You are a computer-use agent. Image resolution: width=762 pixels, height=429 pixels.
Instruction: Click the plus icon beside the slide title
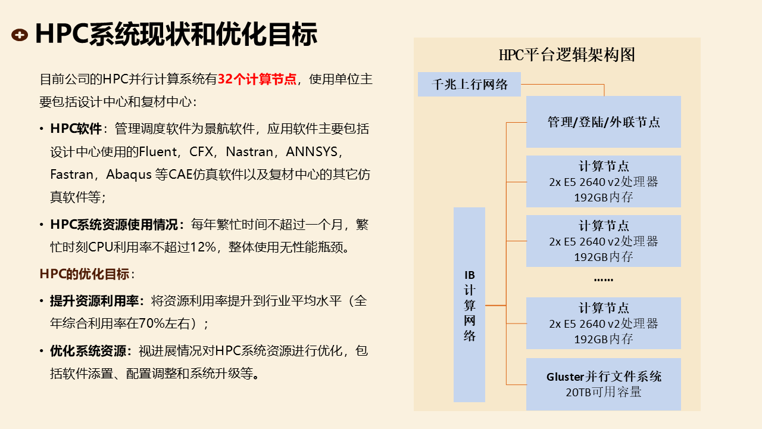[x=20, y=35]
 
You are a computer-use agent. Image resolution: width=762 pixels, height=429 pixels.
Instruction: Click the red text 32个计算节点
[x=257, y=79]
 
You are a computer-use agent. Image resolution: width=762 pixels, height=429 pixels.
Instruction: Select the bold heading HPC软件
[x=76, y=129]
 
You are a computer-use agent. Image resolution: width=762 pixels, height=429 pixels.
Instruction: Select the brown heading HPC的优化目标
[x=85, y=274]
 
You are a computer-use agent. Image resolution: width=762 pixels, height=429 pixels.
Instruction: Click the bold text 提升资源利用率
[x=93, y=301]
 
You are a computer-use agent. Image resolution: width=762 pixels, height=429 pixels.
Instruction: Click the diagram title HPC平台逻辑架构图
[x=567, y=55]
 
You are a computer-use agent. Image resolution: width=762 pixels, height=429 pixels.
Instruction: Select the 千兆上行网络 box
[x=469, y=84]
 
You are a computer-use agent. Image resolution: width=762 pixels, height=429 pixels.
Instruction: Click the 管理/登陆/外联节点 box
[x=603, y=122]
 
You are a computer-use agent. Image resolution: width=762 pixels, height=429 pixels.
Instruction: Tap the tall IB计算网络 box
[x=469, y=304]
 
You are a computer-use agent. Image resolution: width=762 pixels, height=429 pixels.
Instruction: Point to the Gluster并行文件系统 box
[x=603, y=377]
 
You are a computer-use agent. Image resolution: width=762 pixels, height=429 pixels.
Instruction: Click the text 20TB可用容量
[x=603, y=392]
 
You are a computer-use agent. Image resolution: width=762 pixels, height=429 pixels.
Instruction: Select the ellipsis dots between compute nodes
[x=603, y=279]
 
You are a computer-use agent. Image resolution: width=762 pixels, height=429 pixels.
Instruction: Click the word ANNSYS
[x=311, y=151]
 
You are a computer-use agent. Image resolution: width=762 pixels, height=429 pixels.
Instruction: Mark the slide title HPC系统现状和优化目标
[x=176, y=35]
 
